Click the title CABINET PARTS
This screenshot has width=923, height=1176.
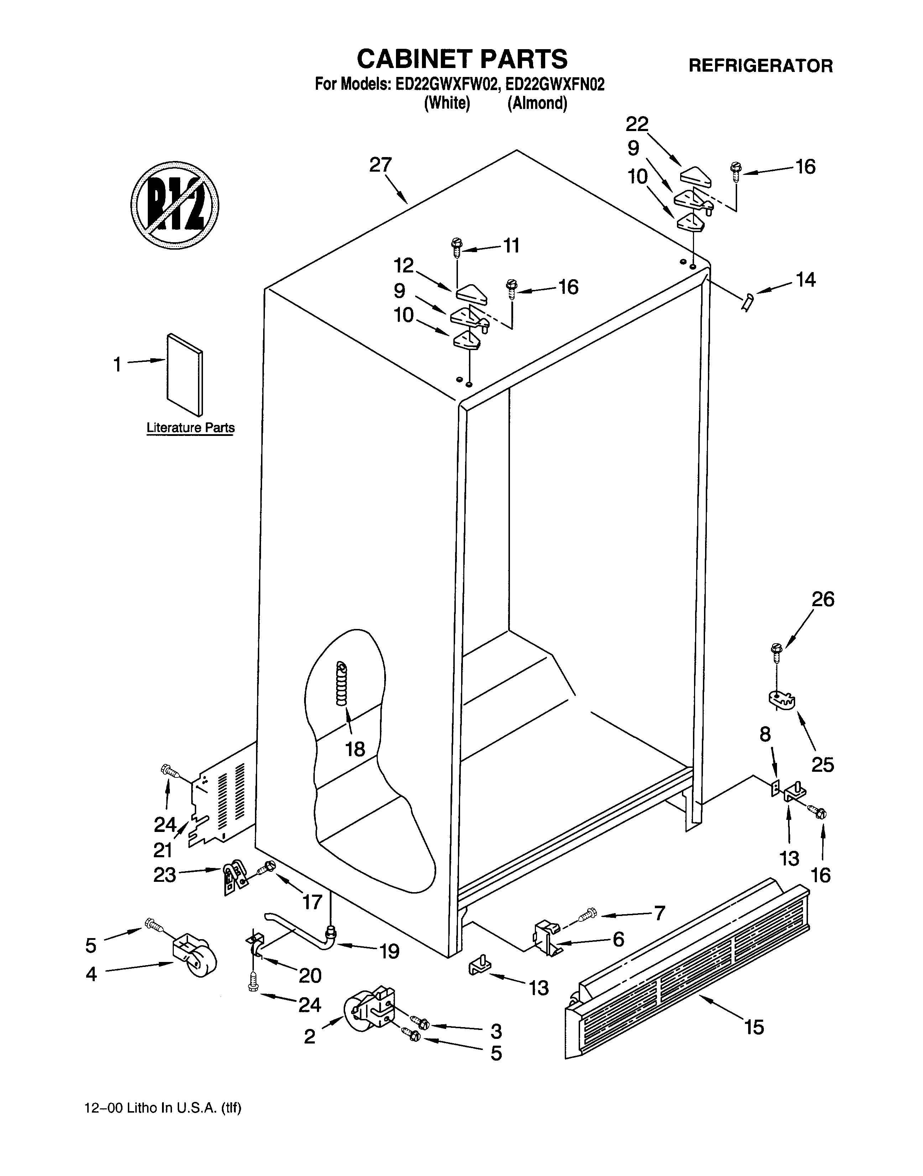tap(462, 58)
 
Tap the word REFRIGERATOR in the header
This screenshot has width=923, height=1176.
tap(760, 66)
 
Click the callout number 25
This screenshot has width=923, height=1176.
tap(822, 765)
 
